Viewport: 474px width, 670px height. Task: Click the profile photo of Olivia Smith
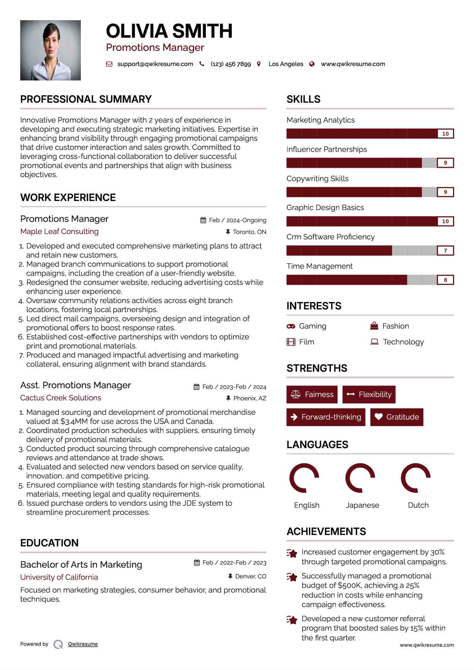[x=51, y=51]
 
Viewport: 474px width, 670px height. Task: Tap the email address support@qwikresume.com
[x=155, y=64]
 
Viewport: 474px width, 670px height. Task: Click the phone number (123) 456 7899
[x=231, y=64]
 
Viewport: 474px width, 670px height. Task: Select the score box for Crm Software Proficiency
[x=445, y=250]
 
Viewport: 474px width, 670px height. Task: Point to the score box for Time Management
[x=445, y=280]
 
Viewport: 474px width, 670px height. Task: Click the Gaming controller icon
[x=291, y=326]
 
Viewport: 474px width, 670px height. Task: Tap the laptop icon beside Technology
[x=374, y=342]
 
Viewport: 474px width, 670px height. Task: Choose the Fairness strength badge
[x=312, y=394]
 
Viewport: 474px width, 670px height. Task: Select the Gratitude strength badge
[x=397, y=417]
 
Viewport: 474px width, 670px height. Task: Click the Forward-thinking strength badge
[x=326, y=417]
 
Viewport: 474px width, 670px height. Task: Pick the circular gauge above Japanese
[x=360, y=478]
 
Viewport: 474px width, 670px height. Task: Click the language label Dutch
[x=418, y=505]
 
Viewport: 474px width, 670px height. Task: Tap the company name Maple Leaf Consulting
[x=59, y=232]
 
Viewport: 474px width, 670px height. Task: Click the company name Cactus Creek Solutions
[x=61, y=398]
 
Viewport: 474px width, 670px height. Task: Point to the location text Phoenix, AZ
[x=250, y=398]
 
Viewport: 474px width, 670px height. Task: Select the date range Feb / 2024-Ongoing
[x=238, y=220]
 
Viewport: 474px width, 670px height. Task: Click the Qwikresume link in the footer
[x=83, y=644]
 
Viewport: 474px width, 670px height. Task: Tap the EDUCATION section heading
[x=49, y=543]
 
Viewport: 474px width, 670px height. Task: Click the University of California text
[x=59, y=577]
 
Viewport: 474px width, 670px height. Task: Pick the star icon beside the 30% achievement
[x=292, y=553]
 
